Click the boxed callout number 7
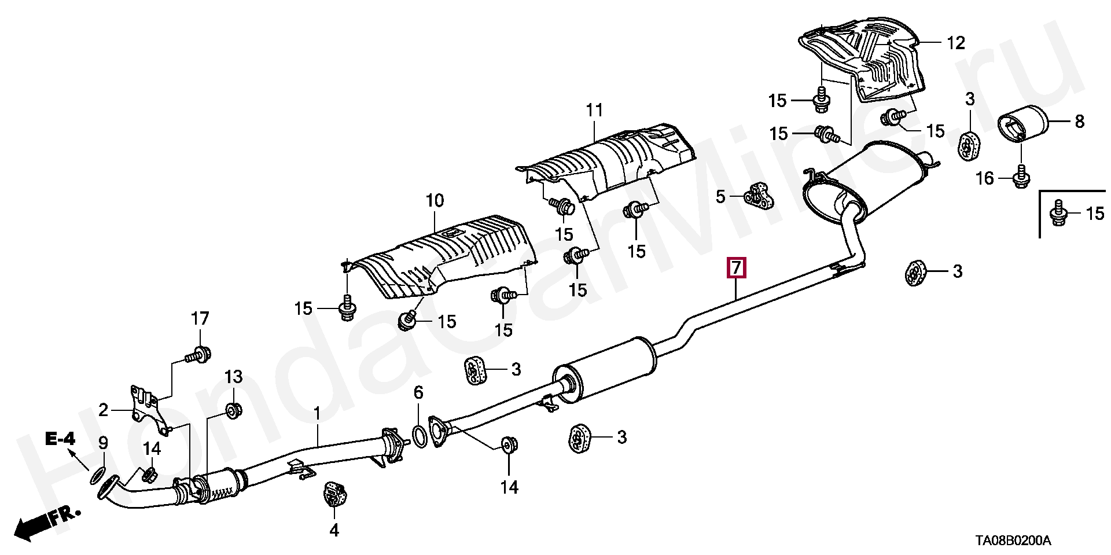(x=736, y=268)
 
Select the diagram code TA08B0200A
(x=1011, y=541)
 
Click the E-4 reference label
(x=60, y=440)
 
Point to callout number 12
(x=956, y=42)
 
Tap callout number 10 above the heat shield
(x=435, y=201)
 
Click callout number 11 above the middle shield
(x=594, y=109)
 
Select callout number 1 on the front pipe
(x=317, y=414)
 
